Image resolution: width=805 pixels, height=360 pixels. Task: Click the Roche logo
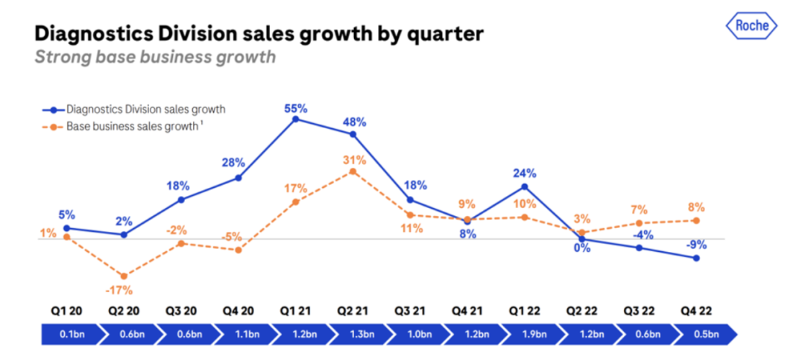click(751, 26)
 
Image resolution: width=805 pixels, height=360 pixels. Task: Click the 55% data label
click(295, 108)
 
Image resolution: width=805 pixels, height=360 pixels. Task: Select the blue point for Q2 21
click(353, 134)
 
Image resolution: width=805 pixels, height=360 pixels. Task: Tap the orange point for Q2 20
click(124, 277)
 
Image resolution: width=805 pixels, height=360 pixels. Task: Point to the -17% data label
click(124, 291)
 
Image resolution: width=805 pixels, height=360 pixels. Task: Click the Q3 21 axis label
click(410, 309)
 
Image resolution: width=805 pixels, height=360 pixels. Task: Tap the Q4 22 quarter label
click(696, 309)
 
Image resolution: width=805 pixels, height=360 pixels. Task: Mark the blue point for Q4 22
click(696, 258)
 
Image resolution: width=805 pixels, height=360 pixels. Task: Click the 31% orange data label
click(354, 160)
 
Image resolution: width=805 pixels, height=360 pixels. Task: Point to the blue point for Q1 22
click(525, 186)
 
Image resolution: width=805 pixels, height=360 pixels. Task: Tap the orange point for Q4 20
click(238, 250)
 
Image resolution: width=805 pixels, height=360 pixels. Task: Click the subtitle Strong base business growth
click(155, 57)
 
